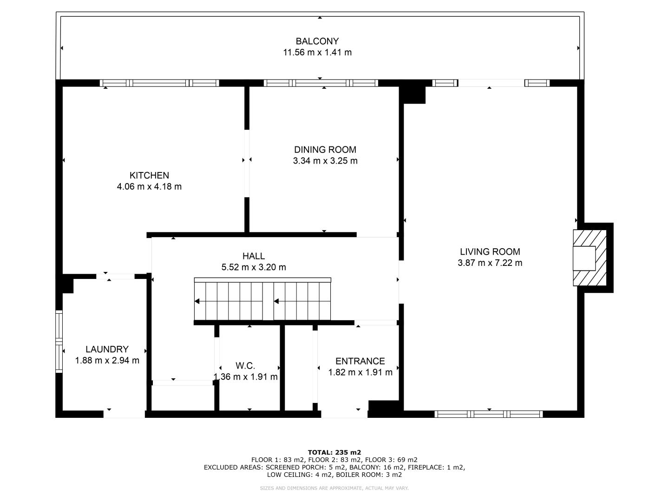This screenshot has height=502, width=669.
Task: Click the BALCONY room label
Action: pyautogui.click(x=317, y=41)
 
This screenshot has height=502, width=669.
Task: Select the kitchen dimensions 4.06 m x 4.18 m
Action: pyautogui.click(x=149, y=186)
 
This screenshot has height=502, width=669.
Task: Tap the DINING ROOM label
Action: pyautogui.click(x=325, y=150)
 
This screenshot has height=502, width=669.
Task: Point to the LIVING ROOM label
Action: pyautogui.click(x=490, y=252)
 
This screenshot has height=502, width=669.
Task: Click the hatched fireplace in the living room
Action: pyautogui.click(x=590, y=258)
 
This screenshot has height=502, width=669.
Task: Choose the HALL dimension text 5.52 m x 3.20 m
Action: pyautogui.click(x=254, y=267)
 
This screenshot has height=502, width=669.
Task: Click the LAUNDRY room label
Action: pyautogui.click(x=107, y=349)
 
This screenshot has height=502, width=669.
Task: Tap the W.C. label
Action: pyautogui.click(x=245, y=366)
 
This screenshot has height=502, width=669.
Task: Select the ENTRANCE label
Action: pyautogui.click(x=360, y=361)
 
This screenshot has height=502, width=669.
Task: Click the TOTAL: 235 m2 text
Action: pyautogui.click(x=334, y=452)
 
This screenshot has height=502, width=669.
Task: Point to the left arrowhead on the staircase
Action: pyautogui.click(x=197, y=301)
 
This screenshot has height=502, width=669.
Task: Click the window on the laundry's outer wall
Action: pyautogui.click(x=59, y=341)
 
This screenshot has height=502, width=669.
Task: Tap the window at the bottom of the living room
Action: pyautogui.click(x=489, y=414)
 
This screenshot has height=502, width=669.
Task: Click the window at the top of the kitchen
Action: pyautogui.click(x=159, y=83)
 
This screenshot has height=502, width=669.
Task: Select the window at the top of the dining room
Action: pyautogui.click(x=321, y=83)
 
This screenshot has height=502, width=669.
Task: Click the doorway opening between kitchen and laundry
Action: pyautogui.click(x=115, y=277)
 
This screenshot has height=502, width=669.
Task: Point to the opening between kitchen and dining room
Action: pyautogui.click(x=247, y=163)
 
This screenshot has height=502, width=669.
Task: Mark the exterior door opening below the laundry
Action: pyautogui.click(x=124, y=414)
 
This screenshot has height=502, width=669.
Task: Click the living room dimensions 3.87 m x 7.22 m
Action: pyautogui.click(x=490, y=263)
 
